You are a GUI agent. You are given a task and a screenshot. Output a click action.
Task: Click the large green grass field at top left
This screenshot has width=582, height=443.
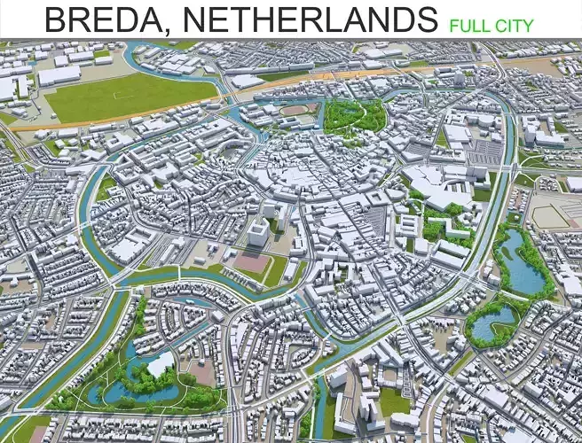click(x=124, y=94)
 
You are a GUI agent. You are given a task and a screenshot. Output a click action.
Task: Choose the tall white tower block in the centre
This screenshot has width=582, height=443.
click(x=257, y=233)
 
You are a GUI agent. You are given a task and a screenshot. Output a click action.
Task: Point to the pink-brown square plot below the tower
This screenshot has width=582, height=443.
click(x=251, y=263)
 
